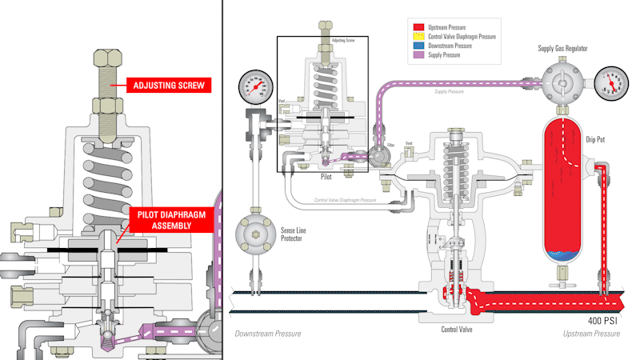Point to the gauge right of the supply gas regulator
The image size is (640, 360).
[x=610, y=82]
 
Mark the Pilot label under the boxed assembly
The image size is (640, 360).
[x=326, y=176]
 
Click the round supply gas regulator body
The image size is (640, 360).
[x=563, y=82]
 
